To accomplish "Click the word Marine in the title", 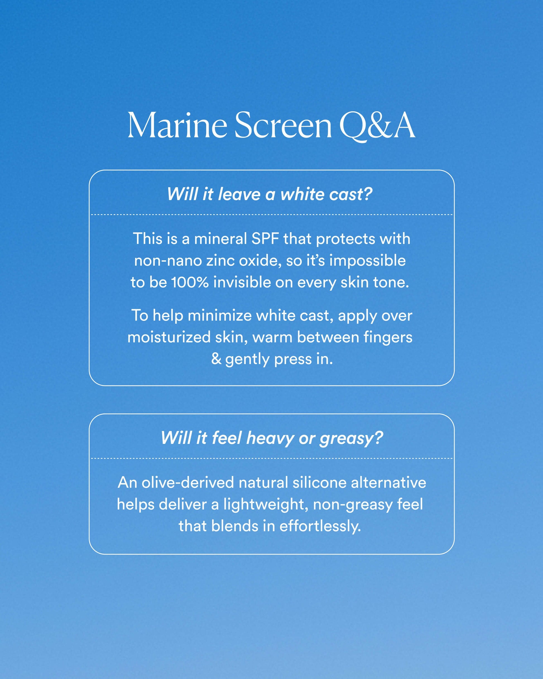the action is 177,125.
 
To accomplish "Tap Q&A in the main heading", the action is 377,126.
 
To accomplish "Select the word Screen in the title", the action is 283,125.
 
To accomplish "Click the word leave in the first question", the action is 239,194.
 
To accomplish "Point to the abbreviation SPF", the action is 265,238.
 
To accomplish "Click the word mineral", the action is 220,238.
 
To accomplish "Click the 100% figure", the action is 190,282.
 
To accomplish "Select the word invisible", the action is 242,282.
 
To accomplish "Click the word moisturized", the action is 169,337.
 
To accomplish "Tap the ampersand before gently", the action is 216,359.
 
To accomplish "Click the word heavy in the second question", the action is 270,438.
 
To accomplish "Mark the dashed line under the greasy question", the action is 272,459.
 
